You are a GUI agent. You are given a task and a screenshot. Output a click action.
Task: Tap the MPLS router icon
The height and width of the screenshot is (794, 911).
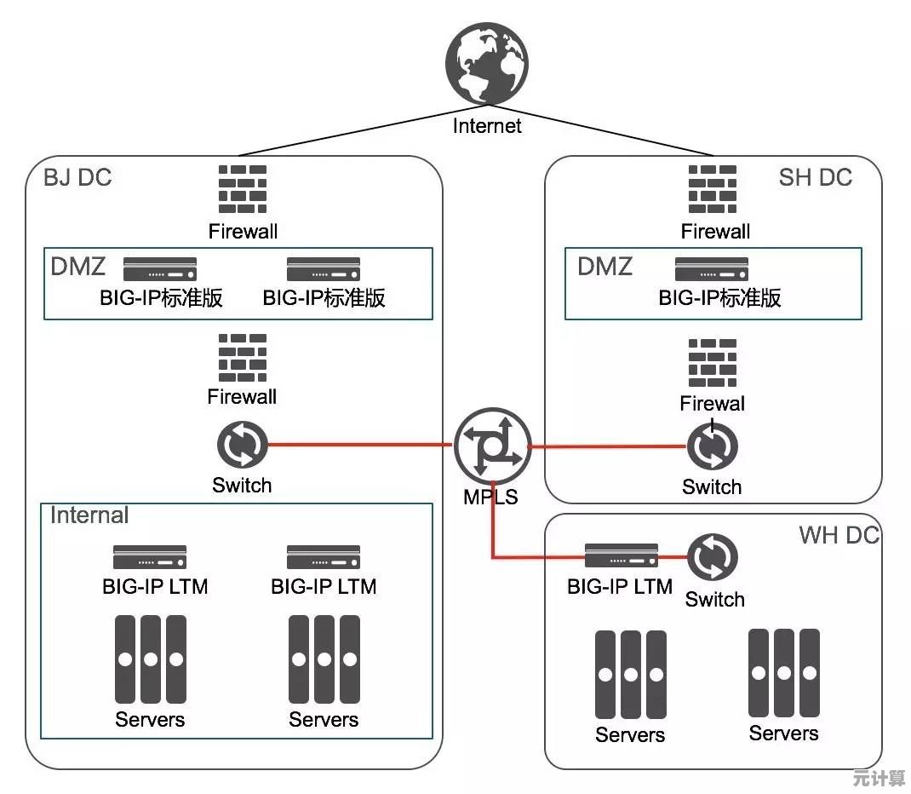point(492,446)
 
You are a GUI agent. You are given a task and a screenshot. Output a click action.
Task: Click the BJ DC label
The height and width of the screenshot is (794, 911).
point(77,177)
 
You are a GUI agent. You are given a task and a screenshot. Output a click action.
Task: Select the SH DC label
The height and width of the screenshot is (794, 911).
point(815,177)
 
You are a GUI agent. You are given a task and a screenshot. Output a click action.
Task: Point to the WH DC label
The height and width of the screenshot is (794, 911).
point(838,536)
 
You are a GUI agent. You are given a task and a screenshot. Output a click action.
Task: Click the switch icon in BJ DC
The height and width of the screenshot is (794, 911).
point(243,445)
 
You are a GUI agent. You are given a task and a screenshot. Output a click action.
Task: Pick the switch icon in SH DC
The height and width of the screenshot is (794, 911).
point(713,446)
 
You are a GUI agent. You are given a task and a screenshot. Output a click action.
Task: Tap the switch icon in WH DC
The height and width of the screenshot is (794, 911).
point(713,557)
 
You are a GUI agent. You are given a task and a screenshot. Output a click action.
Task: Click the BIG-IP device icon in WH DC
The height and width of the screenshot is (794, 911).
point(620,556)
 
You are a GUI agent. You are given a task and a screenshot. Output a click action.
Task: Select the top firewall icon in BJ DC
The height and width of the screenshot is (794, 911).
point(243,189)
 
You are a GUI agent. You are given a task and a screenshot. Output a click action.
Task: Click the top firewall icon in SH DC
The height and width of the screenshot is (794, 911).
point(713,189)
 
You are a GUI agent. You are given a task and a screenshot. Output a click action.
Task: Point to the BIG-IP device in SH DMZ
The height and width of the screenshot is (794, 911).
point(712,269)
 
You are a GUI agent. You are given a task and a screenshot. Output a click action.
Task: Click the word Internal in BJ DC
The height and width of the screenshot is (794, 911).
point(89,515)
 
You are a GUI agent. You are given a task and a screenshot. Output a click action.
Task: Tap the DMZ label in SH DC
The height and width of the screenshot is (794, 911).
point(604,267)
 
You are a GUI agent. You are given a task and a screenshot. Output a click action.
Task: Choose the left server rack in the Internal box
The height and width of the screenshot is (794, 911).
point(150,659)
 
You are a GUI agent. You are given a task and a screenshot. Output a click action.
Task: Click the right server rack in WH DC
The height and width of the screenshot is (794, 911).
point(783,672)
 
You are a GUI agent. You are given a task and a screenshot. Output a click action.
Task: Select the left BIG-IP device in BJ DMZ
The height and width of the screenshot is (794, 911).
point(160,269)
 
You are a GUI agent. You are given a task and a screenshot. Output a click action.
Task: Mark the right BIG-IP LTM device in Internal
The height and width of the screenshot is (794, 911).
point(324,557)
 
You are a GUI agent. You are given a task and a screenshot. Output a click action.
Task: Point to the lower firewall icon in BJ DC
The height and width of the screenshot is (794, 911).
point(243,358)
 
